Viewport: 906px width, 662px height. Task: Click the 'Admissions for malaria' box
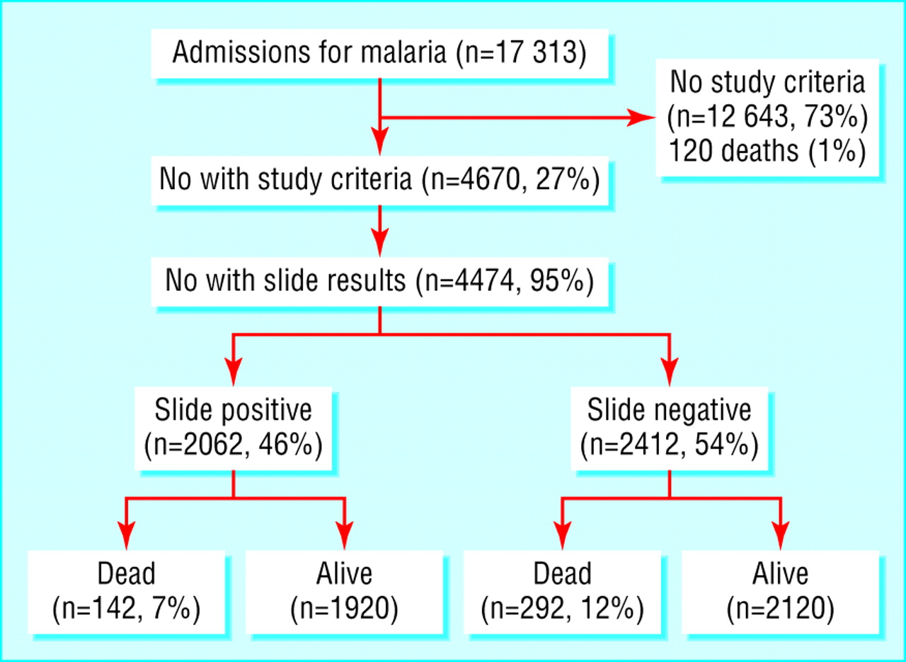click(380, 53)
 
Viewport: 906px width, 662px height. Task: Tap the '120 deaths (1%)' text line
click(767, 151)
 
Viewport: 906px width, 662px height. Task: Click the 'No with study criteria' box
click(380, 180)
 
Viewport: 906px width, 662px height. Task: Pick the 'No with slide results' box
click(380, 281)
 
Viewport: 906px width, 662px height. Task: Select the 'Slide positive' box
click(234, 428)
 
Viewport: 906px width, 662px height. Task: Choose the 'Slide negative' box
click(670, 428)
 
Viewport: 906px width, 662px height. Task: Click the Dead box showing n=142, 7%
click(126, 592)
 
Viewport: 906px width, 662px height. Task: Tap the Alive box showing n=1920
click(344, 592)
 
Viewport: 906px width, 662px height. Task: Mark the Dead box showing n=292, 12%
click(562, 592)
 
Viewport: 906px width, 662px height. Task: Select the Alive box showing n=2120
click(780, 592)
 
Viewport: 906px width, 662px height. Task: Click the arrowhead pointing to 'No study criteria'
click(641, 118)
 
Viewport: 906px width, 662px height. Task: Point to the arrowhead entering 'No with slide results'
click(380, 243)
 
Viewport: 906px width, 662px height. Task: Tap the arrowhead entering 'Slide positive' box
click(234, 372)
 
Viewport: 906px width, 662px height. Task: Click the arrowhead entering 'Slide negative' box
click(670, 372)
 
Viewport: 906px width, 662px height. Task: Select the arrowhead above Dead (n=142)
click(127, 536)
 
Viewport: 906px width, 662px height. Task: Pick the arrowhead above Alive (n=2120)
click(780, 536)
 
